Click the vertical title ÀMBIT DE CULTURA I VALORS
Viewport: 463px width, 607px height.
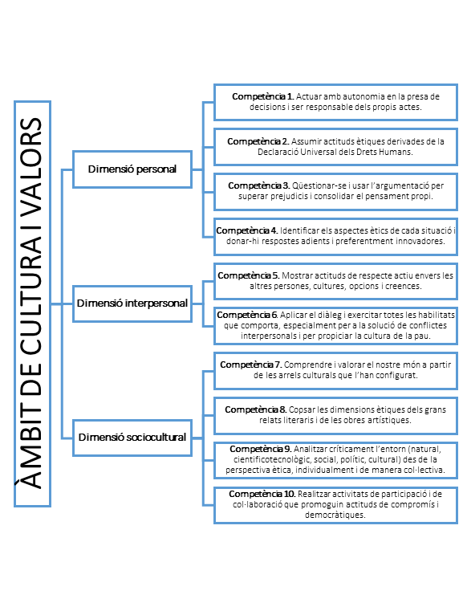tap(32, 303)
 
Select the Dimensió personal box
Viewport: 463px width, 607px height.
tap(132, 169)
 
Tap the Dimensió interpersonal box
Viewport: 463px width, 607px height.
tap(132, 303)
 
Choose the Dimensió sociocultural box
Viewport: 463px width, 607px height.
tap(132, 438)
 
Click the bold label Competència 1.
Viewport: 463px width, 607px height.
tap(263, 96)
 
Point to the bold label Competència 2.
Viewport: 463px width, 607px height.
tap(258, 141)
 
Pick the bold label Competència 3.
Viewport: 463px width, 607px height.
tap(259, 185)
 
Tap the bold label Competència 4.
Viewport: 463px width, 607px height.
tap(247, 230)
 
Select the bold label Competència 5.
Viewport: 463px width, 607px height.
tap(249, 275)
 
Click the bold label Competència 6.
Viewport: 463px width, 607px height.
tap(248, 315)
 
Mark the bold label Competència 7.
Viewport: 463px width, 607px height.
tap(251, 365)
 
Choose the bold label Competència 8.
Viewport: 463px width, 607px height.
tap(256, 409)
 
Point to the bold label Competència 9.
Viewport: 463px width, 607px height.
tap(261, 449)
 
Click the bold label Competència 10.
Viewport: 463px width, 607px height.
tap(262, 494)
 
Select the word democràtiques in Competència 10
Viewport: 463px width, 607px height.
tap(335, 515)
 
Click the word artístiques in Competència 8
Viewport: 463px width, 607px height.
tap(391, 420)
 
